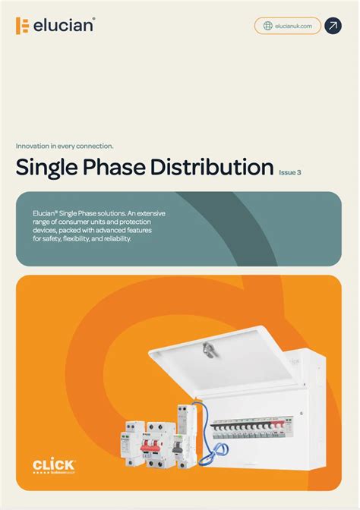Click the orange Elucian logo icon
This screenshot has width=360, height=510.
point(23,26)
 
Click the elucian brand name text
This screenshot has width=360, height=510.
point(64,26)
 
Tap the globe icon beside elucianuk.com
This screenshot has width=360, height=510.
point(268,26)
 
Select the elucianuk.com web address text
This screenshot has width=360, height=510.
point(293,26)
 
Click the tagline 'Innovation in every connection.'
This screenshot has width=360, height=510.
point(65,146)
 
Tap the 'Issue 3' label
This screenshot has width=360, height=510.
point(290,172)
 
